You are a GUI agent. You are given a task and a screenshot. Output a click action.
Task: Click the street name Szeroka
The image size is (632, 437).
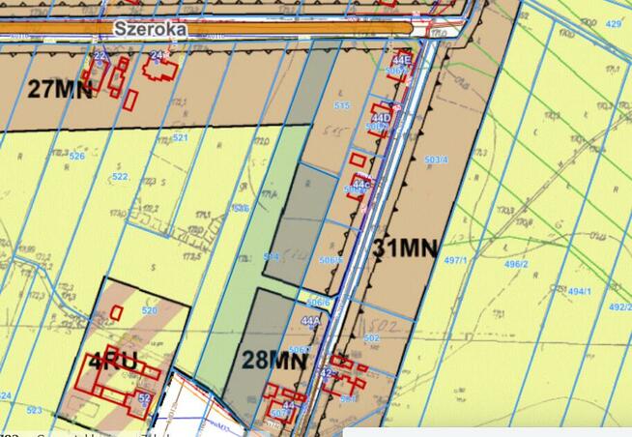pyautogui.click(x=149, y=29)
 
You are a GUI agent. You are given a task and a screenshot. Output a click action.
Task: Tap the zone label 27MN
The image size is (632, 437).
pyautogui.click(x=62, y=90)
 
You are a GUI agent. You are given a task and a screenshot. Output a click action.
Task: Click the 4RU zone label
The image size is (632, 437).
pyautogui.click(x=113, y=364)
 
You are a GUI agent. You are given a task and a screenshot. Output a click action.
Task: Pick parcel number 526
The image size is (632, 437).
pyautogui.click(x=77, y=156)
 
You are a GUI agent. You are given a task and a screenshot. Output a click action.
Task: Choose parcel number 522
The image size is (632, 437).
pyautogui.click(x=120, y=177)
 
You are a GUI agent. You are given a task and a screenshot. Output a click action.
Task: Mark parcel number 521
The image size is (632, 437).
pyautogui.click(x=180, y=137)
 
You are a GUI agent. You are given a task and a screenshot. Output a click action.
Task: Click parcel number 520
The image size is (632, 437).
pyautogui.click(x=149, y=310)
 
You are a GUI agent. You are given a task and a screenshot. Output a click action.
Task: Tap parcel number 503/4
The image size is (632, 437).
pyautogui.click(x=437, y=159)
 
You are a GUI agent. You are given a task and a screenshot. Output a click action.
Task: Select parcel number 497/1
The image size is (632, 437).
pyautogui.click(x=483, y=261)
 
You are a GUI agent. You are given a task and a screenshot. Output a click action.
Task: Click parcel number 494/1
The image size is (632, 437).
pyautogui.click(x=579, y=291)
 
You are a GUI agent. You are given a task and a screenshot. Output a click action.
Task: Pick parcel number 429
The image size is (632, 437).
pyautogui.click(x=613, y=21)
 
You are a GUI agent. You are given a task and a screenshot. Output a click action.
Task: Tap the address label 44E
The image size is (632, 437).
pyautogui.click(x=400, y=60)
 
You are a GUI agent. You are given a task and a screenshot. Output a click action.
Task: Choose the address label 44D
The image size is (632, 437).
pyautogui.click(x=381, y=119)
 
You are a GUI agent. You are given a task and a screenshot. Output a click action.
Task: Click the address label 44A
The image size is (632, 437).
pyautogui.click(x=310, y=320)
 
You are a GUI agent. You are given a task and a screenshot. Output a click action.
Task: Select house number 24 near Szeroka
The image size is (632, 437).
pyautogui.click(x=158, y=55)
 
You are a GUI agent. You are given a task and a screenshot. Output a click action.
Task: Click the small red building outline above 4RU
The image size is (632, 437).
pyautogui.click(x=117, y=311)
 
